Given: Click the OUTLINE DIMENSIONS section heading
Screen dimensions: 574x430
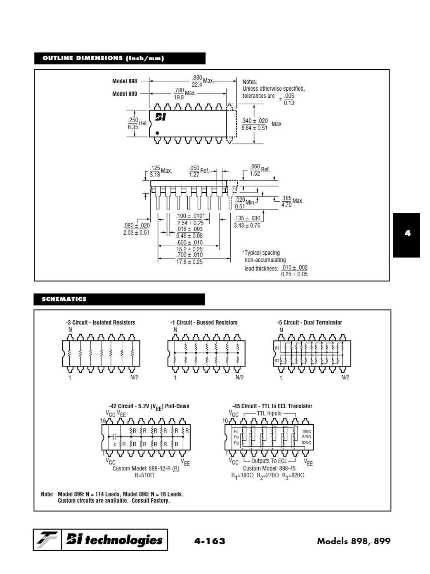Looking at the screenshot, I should pos(103,58).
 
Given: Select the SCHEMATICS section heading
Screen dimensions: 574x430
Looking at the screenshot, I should pos(64,299).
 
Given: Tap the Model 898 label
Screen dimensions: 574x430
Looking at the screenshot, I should pos(125,81).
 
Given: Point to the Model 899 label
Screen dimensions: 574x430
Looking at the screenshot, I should pos(125,94).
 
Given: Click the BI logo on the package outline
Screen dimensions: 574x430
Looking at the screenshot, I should pos(161,117).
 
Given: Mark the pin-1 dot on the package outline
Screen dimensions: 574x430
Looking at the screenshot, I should pos(158,133).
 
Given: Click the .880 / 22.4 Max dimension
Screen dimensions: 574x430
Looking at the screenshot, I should pos(197,81).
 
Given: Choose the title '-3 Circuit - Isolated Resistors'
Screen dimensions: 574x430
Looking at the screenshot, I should pos(100,322).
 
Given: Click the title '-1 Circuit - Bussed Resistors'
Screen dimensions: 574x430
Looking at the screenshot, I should pos(204,322).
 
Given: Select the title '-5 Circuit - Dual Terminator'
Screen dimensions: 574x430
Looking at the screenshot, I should pos(310,322).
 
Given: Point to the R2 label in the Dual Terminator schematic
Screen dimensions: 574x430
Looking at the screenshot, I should pos(277,361).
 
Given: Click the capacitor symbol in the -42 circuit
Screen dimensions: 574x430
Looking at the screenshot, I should pos(115,436).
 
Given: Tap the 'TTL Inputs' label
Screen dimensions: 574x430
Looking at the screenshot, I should pos(269,413).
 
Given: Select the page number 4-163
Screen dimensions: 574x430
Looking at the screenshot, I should pos(210,541).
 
